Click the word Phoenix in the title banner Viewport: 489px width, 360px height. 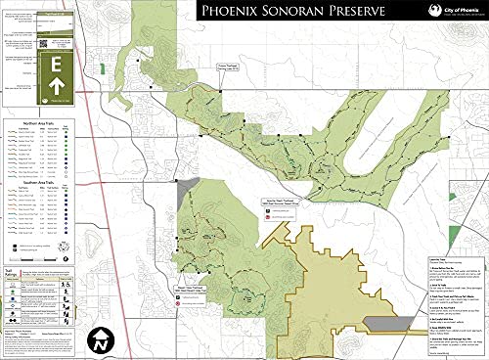229,12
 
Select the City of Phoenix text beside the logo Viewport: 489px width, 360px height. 461,11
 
